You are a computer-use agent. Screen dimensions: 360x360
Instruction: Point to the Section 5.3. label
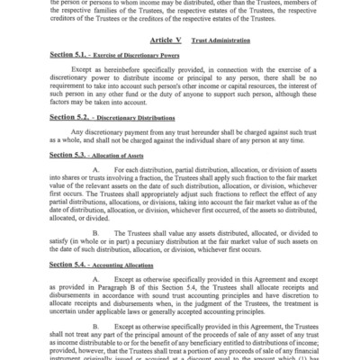click(64, 156)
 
